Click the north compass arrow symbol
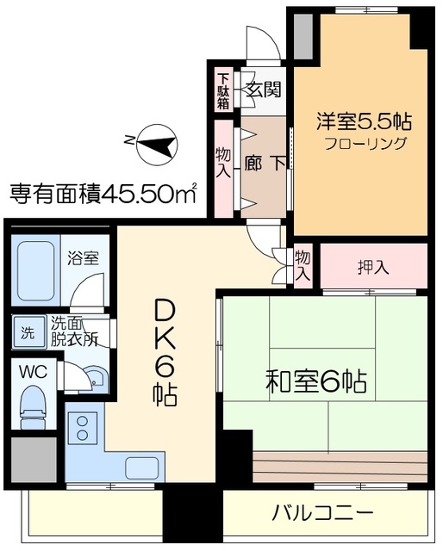155,144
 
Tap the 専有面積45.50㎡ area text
103,192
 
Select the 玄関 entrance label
263,89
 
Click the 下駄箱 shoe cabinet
223,90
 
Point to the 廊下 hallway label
265,162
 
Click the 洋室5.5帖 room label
363,121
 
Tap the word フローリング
365,144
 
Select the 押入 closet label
373,266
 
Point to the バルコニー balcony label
323,514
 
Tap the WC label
33,372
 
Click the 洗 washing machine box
27,330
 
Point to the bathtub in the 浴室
36,269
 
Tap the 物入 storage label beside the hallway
222,161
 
